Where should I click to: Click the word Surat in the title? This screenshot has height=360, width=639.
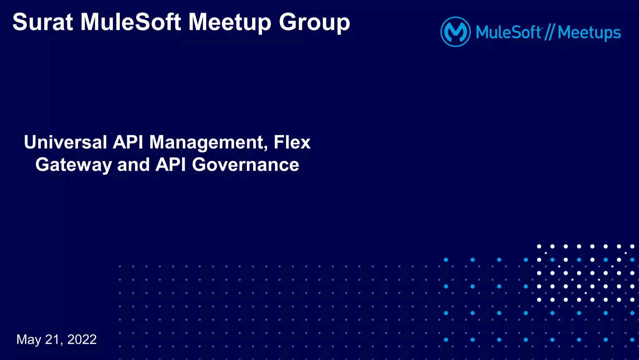(43, 22)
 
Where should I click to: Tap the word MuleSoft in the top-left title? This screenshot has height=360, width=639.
(131, 22)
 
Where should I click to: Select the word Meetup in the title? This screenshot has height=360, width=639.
(230, 22)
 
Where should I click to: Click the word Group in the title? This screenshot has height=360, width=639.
(314, 23)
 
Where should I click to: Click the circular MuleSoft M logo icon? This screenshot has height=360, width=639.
(455, 32)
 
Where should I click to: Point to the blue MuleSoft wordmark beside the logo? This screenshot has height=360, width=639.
(508, 32)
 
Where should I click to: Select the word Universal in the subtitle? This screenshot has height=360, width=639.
(66, 142)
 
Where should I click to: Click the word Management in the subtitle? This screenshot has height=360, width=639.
(207, 142)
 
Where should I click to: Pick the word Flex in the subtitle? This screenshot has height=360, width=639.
(292, 142)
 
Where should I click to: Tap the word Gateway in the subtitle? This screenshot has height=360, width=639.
(73, 165)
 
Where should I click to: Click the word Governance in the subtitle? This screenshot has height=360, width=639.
(246, 165)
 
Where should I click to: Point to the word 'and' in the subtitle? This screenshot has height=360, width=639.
(133, 165)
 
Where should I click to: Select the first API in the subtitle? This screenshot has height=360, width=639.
(128, 142)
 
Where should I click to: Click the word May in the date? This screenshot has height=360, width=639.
(29, 340)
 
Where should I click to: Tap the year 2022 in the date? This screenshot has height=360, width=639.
(82, 340)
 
